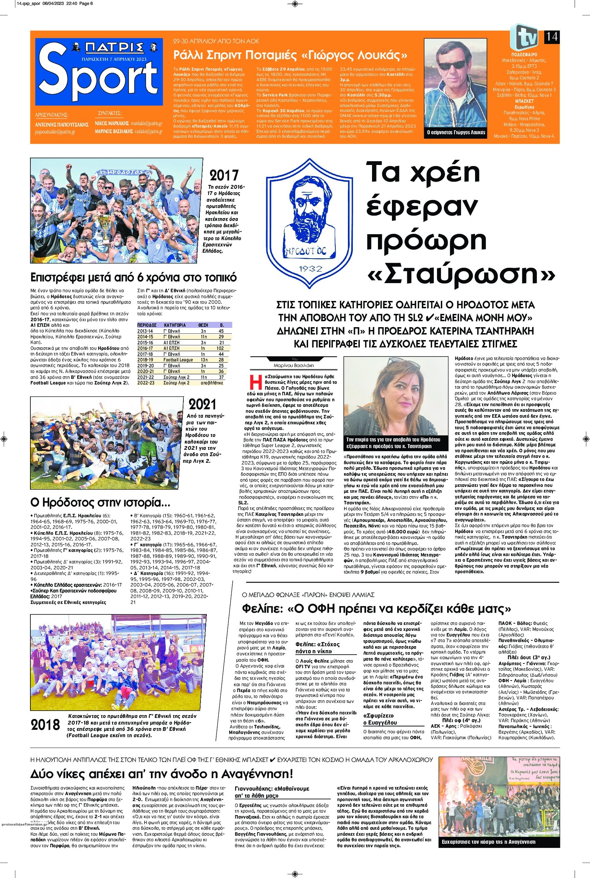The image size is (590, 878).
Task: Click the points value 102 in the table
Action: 221,348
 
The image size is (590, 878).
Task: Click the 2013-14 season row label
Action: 147,331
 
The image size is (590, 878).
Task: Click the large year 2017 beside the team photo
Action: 225,175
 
